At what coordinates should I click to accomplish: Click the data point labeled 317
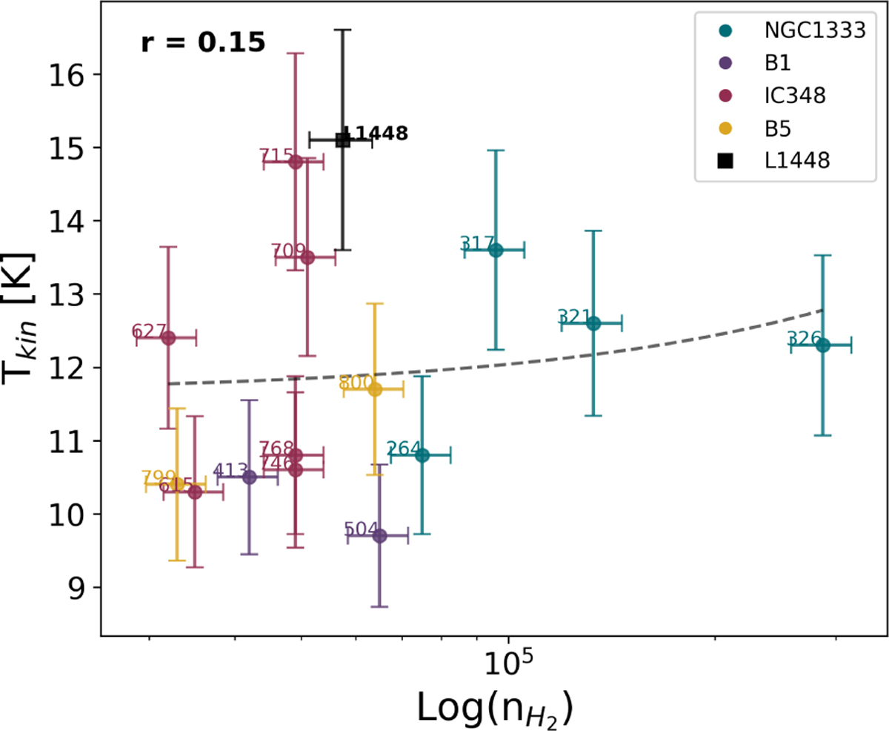point(496,250)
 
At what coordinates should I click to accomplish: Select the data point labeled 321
point(593,323)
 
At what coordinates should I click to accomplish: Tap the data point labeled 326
point(822,345)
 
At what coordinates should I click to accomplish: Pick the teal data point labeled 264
point(422,455)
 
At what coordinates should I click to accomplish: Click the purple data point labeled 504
point(379,535)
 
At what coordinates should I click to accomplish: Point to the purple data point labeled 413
point(250,477)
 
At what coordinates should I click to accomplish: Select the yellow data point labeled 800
point(375,389)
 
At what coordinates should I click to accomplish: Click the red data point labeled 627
point(168,338)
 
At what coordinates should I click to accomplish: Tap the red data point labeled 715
point(295,162)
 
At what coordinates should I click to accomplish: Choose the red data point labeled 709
point(307,257)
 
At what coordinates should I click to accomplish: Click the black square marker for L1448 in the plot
point(342,139)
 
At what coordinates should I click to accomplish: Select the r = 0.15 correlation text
point(202,43)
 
